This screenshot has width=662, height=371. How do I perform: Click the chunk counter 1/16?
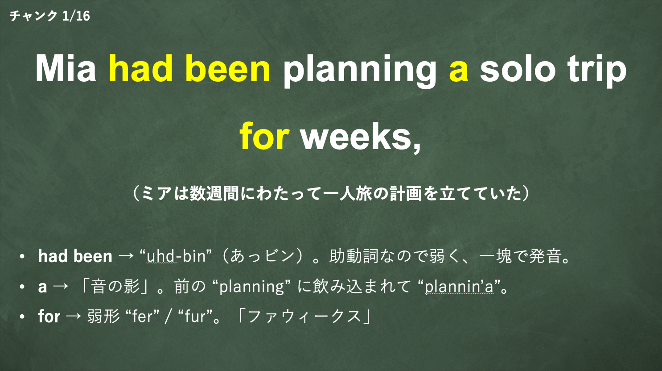tap(76, 16)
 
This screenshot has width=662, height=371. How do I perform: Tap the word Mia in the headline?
tap(66, 68)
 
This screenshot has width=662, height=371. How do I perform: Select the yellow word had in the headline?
tap(141, 68)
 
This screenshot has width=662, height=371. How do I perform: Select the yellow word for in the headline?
tap(264, 137)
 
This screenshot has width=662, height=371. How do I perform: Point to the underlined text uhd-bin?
tap(176, 256)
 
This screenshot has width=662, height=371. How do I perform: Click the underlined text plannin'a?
tap(459, 286)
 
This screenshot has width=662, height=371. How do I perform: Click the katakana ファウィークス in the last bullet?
tap(304, 316)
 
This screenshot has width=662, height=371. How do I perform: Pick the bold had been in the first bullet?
tap(75, 256)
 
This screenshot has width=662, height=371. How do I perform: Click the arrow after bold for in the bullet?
tap(74, 316)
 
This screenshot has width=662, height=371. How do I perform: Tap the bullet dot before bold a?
tap(22, 287)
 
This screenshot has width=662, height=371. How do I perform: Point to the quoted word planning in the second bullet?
tap(252, 287)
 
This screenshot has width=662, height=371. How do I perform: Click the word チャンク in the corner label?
tap(33, 16)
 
